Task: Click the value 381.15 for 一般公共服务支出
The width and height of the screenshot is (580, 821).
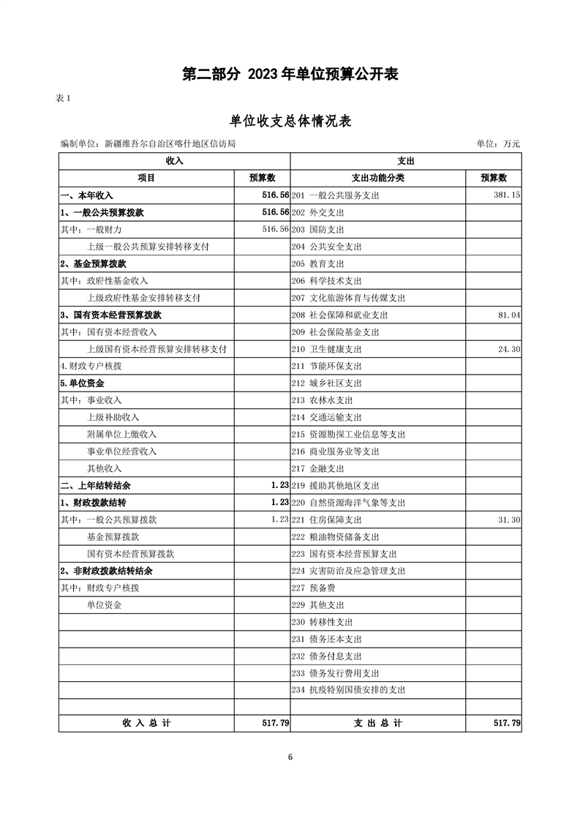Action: click(x=505, y=195)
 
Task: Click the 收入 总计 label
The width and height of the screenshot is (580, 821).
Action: click(x=146, y=723)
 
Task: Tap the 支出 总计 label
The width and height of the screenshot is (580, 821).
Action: click(x=378, y=723)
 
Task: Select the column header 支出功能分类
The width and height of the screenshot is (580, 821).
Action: click(x=378, y=178)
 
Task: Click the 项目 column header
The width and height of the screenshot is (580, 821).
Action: click(x=146, y=178)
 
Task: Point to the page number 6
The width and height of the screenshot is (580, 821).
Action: click(x=290, y=757)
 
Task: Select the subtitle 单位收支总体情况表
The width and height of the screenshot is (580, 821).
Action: click(x=290, y=121)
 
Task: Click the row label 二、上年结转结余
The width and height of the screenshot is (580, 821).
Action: click(x=96, y=486)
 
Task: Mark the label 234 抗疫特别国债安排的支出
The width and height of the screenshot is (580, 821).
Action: click(x=348, y=690)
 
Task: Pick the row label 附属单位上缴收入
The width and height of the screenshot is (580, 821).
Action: click(x=121, y=435)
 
